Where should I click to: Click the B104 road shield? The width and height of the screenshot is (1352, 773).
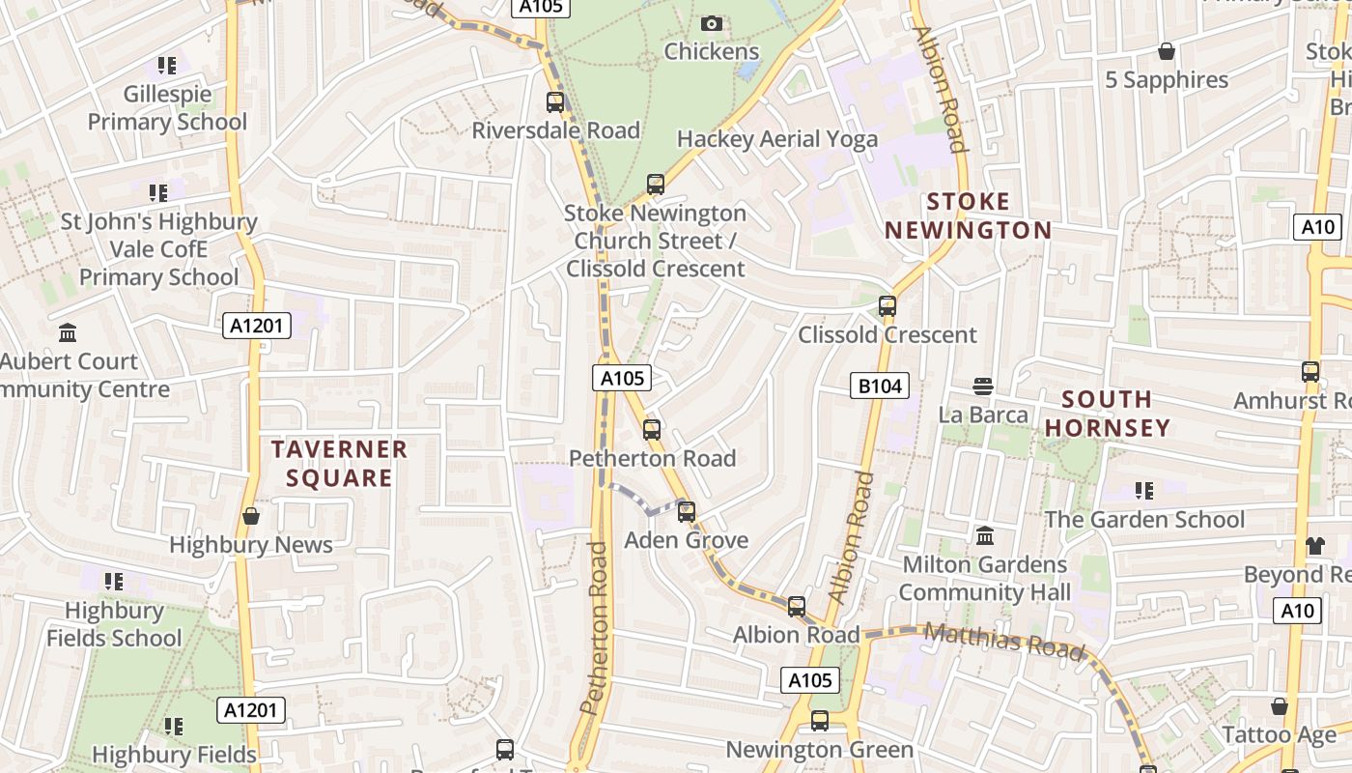[x=880, y=386]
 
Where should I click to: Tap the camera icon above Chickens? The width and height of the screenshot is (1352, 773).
[x=712, y=23]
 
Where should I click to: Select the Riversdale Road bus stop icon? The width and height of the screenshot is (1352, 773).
[x=555, y=101]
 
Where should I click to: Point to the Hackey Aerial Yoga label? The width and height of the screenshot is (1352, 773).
[x=777, y=139]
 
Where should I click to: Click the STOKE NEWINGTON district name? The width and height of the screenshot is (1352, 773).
[x=968, y=216]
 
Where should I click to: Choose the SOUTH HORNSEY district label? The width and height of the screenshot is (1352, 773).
[x=1107, y=414]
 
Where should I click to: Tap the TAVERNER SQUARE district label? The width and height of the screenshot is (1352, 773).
[x=339, y=463]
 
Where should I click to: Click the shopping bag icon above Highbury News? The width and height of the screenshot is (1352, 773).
[x=251, y=516]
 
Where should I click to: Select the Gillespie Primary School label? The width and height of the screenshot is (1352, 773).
[x=168, y=108]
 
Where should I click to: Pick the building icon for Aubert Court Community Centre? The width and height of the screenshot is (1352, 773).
[x=68, y=333]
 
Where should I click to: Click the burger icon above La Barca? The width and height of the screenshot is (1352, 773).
[x=983, y=386]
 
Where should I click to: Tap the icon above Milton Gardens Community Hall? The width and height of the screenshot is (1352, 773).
[x=985, y=535]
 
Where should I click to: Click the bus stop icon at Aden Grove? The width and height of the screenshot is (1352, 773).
[x=687, y=511]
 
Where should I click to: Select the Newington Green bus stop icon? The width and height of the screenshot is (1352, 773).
[x=819, y=721]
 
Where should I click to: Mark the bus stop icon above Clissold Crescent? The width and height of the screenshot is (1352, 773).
[x=887, y=306]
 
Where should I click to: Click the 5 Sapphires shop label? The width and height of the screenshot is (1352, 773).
[x=1167, y=79]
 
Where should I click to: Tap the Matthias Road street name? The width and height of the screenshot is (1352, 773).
[x=1004, y=642]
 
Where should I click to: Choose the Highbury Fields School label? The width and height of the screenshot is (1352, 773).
[x=114, y=624]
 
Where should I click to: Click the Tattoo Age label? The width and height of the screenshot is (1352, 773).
[x=1279, y=734]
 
